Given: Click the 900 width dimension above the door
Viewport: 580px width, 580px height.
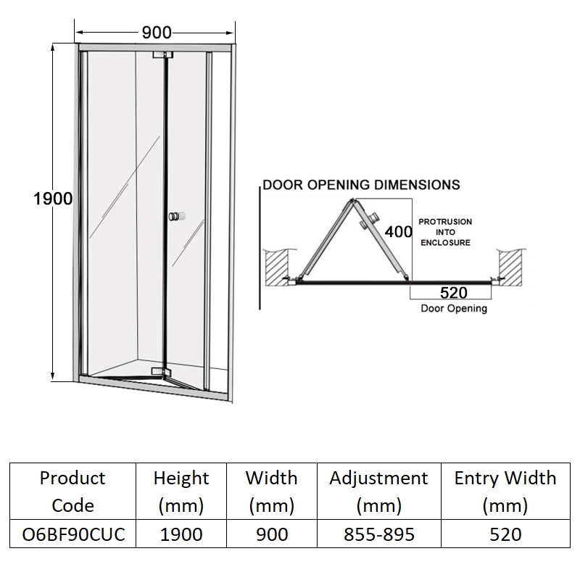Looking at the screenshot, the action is (x=157, y=33).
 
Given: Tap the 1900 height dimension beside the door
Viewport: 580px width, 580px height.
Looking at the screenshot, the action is (x=53, y=199).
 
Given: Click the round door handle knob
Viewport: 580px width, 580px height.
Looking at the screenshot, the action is (x=177, y=216).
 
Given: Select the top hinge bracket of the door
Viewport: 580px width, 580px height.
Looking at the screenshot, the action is (x=162, y=55).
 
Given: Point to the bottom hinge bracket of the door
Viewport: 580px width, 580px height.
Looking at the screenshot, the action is (x=161, y=372).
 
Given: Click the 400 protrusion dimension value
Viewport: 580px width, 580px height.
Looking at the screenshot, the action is (x=398, y=232).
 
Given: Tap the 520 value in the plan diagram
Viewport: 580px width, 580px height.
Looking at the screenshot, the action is (x=454, y=293).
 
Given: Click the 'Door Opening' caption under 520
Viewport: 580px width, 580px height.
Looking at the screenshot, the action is (x=454, y=309).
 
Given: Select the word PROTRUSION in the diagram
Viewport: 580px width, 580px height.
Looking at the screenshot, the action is (x=445, y=222).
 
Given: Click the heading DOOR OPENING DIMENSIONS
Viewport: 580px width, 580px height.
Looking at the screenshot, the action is (x=361, y=185).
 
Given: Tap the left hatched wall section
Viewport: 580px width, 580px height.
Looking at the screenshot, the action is (x=277, y=268).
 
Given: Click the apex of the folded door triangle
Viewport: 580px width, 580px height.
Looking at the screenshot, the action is (x=352, y=200).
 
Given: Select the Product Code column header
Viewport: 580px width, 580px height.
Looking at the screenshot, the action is (x=73, y=492).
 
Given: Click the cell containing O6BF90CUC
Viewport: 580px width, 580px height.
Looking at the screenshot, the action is (x=73, y=534).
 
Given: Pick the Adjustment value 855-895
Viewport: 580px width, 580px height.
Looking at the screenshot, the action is (x=379, y=534).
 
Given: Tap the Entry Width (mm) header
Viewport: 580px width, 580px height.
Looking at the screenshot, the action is (x=505, y=492).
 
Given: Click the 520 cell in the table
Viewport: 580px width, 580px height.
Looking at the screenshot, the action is (x=505, y=534).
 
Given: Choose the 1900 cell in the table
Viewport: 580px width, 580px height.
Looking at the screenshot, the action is (x=181, y=534).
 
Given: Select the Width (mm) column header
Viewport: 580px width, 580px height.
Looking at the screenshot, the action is (x=271, y=492).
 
